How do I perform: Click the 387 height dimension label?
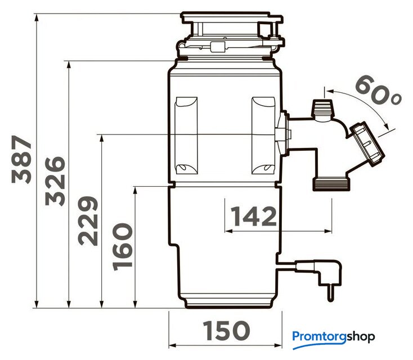click(21, 160)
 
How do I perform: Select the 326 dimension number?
click(55, 181)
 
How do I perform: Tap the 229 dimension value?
click(88, 220)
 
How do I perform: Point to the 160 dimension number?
click(122, 247)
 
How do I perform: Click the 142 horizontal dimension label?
click(254, 216)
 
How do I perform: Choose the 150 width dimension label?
click(226, 330)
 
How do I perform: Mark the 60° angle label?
click(378, 91)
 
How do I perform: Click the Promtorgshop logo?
click(334, 339)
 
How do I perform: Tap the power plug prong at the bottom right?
click(330, 293)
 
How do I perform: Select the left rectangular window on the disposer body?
click(186, 136)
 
